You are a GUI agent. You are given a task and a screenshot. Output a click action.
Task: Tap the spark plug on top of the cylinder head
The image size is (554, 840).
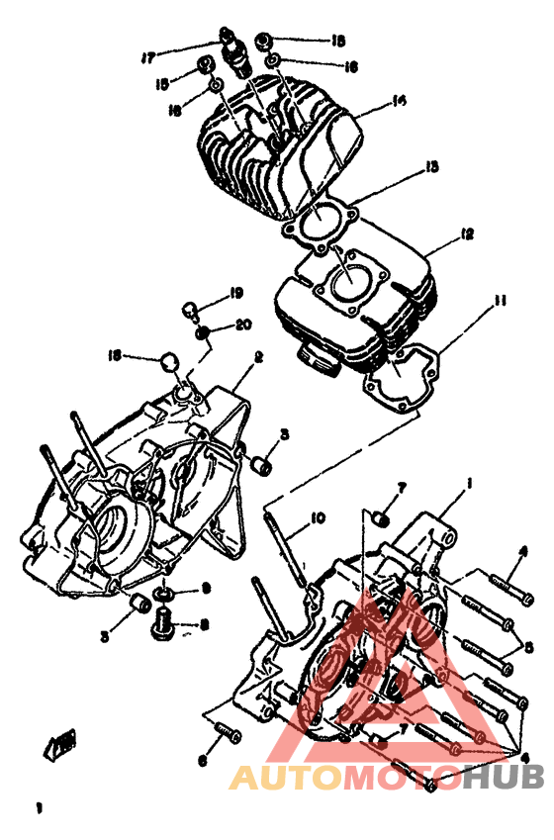point(234,54)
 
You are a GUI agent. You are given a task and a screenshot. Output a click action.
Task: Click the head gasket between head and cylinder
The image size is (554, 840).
point(317,223)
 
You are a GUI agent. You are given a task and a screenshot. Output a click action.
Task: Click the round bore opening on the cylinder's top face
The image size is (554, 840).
point(347,281)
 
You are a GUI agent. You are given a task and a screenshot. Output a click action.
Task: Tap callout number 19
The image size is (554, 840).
point(236,293)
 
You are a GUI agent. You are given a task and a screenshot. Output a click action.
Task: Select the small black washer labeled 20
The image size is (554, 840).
point(203,333)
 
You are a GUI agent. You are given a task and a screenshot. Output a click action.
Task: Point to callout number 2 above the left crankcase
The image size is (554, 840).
point(257,356)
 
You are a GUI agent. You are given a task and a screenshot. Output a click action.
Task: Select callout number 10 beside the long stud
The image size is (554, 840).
point(317,517)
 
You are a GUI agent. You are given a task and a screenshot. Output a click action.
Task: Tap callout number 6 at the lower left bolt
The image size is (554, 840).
point(203,760)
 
